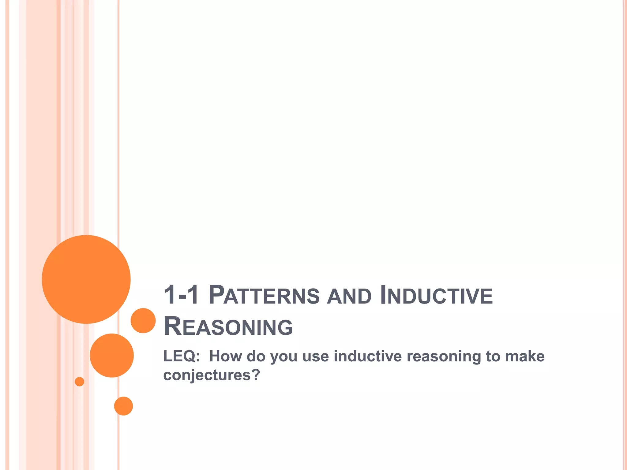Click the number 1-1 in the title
pos(181,295)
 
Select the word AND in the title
pos(349,296)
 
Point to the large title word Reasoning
pos(228,326)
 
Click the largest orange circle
pos(86,279)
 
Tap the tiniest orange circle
pos(79,382)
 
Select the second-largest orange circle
pos(112,355)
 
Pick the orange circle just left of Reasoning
pos(143,320)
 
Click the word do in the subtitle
pos(256,356)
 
